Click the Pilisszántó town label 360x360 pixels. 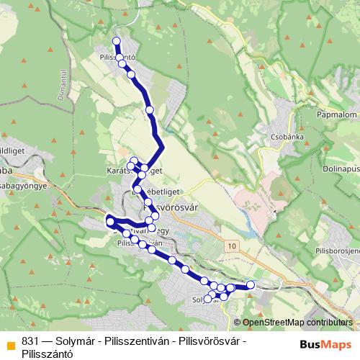point(118,55)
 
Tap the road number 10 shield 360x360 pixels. point(230,246)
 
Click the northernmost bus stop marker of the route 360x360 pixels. point(117,40)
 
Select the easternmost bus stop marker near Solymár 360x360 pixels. point(251,285)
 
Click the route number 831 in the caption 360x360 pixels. point(30,341)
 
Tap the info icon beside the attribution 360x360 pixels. point(238,323)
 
